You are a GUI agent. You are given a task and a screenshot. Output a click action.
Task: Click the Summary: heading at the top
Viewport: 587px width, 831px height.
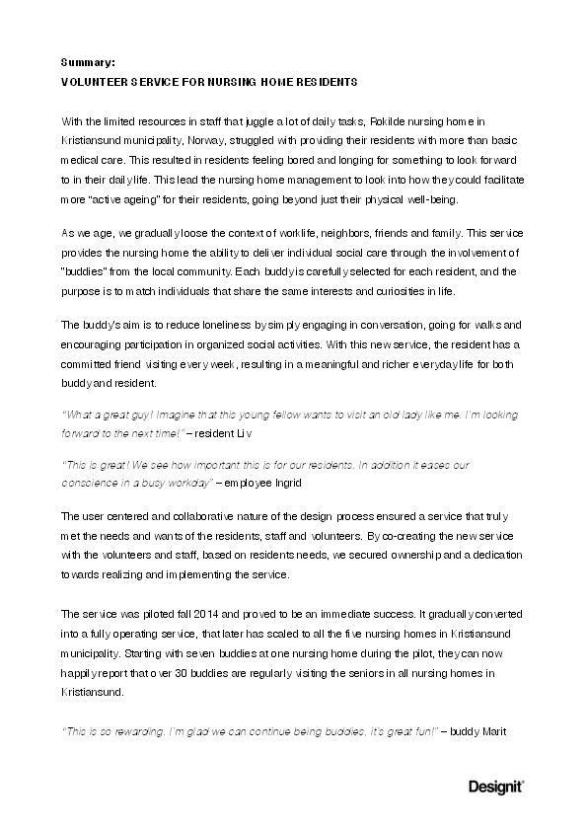(88, 61)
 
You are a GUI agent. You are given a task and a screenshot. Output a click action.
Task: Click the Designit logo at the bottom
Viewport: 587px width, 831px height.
(495, 787)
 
